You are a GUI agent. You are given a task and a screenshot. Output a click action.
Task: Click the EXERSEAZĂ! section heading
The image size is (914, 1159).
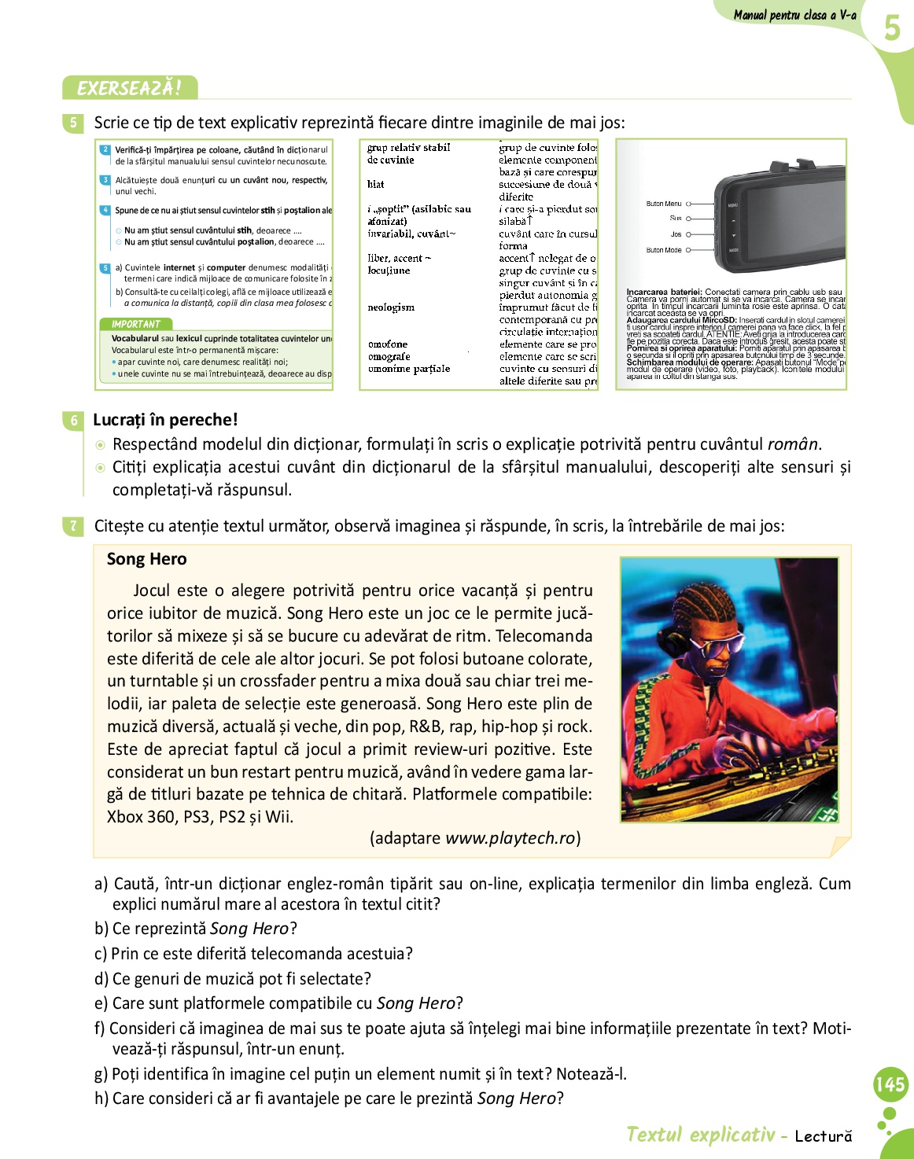point(129,88)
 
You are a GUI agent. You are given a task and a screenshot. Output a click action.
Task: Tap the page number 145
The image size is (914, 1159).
point(890,1085)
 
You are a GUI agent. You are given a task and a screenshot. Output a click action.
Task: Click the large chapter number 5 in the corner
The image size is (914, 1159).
point(891,28)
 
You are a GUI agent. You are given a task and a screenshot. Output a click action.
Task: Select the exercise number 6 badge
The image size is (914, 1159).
point(73,421)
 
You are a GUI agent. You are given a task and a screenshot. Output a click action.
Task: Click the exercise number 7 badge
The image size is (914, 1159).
point(73,526)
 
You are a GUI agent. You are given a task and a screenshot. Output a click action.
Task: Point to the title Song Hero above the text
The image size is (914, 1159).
point(147,559)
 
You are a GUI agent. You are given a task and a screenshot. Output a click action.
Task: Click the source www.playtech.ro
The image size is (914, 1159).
point(510,838)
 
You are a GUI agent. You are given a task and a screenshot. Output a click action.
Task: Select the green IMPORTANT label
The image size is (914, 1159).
point(135,324)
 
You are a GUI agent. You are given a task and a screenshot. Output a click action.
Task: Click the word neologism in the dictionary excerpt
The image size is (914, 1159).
point(391,307)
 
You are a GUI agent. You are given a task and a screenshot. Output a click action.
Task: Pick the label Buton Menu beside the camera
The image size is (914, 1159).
point(663,204)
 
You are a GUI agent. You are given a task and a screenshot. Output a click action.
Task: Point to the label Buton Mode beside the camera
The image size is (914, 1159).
point(663,250)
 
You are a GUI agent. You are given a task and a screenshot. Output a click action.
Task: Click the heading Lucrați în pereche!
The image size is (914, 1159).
point(165,420)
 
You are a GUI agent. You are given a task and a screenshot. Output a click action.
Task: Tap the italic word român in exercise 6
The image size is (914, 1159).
point(792,444)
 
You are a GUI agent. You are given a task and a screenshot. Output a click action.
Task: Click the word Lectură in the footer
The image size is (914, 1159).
point(823,1135)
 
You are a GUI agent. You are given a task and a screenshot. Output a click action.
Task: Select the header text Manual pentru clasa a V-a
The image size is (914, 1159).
point(794,15)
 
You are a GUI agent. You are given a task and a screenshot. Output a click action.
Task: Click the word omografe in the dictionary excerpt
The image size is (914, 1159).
point(389,356)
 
